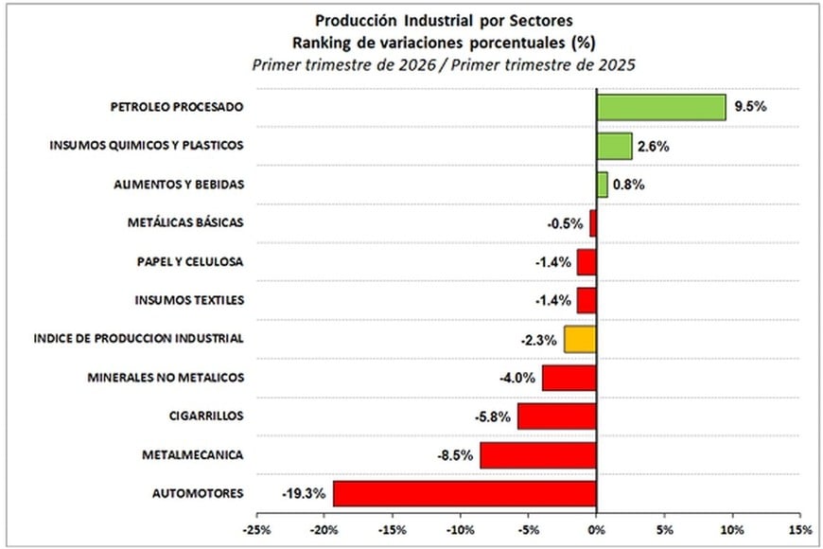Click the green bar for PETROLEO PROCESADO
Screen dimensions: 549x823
[660, 107]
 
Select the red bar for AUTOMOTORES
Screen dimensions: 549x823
[464, 494]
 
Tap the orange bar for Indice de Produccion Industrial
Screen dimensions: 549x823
[580, 339]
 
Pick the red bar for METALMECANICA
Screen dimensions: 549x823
[538, 455]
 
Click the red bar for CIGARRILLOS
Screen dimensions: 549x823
[556, 416]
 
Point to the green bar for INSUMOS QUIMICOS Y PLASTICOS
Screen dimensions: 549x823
[614, 146]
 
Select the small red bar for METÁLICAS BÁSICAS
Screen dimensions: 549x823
[593, 223]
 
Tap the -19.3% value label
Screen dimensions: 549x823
[303, 494]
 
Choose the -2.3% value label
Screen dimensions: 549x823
[538, 339]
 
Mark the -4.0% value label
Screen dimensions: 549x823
[517, 378]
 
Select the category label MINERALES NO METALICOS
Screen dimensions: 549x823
[166, 378]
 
